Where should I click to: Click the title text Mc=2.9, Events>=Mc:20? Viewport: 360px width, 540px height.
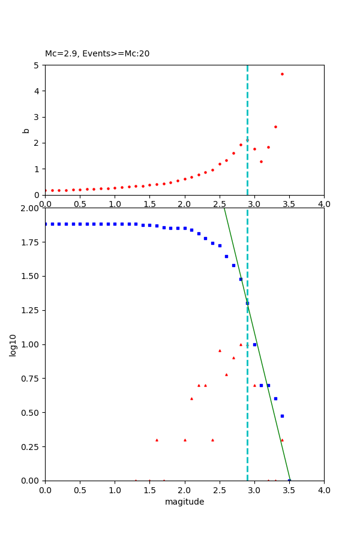point(97,54)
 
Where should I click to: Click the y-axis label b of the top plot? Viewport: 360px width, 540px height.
point(26,130)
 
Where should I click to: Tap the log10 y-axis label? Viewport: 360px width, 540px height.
point(13,344)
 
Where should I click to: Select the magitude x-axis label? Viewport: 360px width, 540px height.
point(184,502)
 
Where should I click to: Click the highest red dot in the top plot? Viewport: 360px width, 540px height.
point(282,74)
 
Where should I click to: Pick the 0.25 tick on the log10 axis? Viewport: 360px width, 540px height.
point(30,446)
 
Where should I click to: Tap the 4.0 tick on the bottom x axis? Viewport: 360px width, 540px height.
point(324,491)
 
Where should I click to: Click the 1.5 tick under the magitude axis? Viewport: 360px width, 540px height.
point(149,491)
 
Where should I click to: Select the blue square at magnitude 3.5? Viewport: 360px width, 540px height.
point(289,481)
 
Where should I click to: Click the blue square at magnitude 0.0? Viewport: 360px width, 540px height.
point(45,224)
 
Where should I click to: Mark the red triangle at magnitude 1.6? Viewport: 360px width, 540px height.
point(157,440)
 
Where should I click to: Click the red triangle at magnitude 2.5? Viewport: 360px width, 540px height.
point(220,350)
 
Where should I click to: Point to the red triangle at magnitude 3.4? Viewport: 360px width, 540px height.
point(282,440)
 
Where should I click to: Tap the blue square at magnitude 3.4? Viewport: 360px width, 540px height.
point(282,416)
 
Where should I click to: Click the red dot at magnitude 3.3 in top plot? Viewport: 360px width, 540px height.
point(275,127)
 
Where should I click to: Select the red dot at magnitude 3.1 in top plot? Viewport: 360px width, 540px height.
point(261,161)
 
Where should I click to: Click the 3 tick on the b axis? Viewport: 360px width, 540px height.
point(38,117)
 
